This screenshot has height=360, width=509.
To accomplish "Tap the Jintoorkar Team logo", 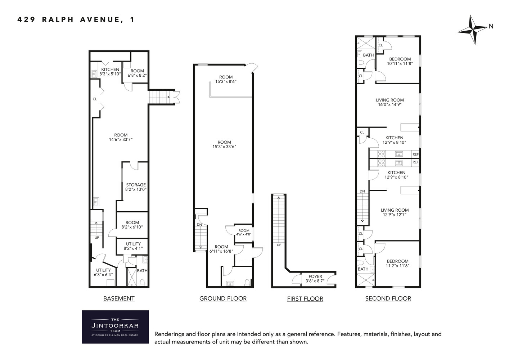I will click(115, 327).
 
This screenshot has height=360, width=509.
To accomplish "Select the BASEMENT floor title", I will click(119, 298).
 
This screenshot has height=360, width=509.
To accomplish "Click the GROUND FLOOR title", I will click(223, 298).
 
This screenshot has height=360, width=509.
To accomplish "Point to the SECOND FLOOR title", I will click(388, 298).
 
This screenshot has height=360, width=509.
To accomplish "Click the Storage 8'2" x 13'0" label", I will click(136, 187).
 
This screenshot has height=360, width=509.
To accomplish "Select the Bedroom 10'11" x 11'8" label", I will click(400, 61).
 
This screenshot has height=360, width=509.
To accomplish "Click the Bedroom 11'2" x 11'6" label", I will click(397, 264).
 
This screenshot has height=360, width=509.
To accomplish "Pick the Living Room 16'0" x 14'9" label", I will click(390, 102).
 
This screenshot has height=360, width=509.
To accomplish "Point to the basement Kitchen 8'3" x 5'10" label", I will click(110, 72).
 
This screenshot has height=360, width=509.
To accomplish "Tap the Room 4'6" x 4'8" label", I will click(244, 233).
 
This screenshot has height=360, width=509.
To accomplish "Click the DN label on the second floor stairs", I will click(362, 191).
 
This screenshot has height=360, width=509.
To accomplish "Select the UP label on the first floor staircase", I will click(279, 245).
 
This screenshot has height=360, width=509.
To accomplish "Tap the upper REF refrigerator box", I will click(415, 154).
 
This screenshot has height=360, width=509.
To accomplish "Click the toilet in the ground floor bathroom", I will click(247, 282).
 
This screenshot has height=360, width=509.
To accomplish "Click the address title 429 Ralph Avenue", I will click(76, 20).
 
